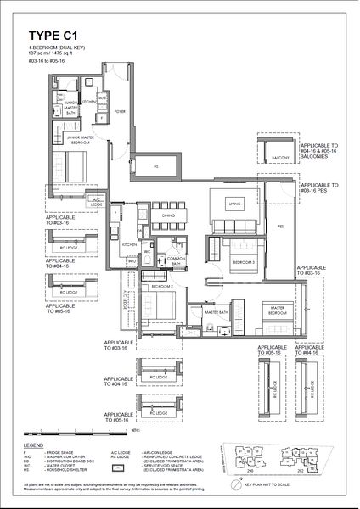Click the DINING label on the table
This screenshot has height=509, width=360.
click(168, 216)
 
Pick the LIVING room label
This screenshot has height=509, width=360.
click(236, 204)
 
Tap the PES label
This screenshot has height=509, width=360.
click(280, 227)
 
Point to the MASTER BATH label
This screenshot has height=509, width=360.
click(217, 313)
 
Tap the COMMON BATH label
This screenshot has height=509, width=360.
click(176, 260)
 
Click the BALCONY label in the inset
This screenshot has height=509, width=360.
click(281, 158)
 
